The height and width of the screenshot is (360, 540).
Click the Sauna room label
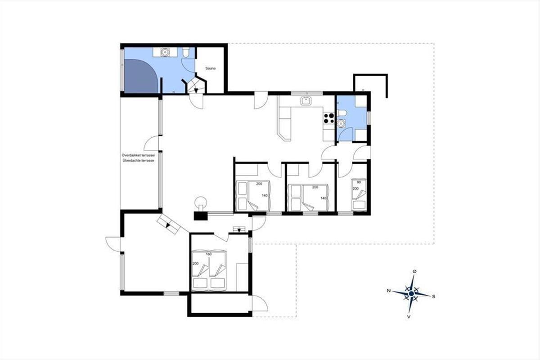(x=210, y=68)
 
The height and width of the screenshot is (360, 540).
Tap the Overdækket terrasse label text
(x=139, y=155)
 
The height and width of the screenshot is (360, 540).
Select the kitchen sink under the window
(x=306, y=100)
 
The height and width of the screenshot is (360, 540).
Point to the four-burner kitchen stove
(x=329, y=118)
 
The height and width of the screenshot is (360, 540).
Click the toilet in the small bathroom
(x=342, y=113)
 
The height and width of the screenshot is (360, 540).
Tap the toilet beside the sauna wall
(x=186, y=52)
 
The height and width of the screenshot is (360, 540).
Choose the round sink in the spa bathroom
(x=165, y=52)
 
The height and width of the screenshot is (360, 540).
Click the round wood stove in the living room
(x=201, y=202)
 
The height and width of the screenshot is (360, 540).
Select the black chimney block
(x=201, y=216)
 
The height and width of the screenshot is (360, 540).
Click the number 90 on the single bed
(x=359, y=182)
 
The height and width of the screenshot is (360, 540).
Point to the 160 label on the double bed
(x=209, y=254)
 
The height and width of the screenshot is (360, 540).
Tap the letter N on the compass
(x=389, y=291)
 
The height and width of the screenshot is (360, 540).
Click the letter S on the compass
(x=433, y=297)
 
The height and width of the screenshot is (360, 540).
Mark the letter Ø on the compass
(x=414, y=271)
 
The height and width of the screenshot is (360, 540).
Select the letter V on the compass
(x=409, y=317)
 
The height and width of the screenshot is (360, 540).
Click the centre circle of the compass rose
(x=411, y=293)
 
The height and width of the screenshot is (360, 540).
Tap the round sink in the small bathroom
(x=341, y=123)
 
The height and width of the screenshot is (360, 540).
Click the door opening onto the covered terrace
(x=151, y=143)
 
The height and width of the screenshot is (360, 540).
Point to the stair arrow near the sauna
(x=196, y=90)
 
